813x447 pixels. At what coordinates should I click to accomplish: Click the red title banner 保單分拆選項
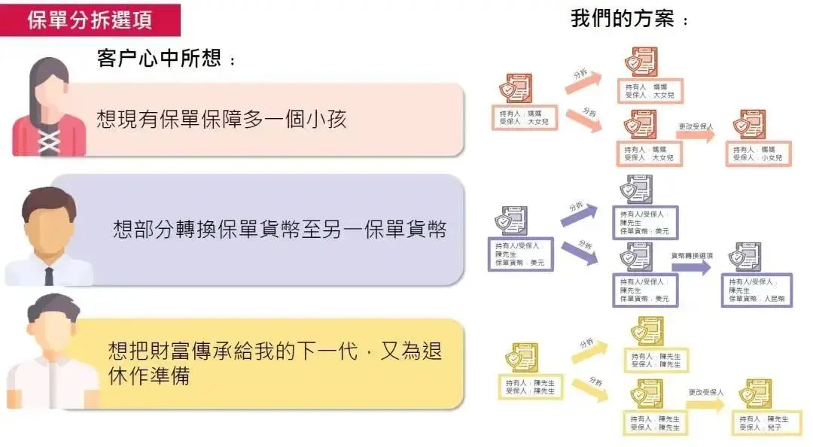pyautogui.click(x=90, y=20)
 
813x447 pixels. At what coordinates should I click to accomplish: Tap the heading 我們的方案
pyautogui.click(x=622, y=19)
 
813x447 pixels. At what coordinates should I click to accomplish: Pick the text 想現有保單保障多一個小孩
pyautogui.click(x=221, y=119)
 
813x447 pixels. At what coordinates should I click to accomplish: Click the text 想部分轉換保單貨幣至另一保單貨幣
pyautogui.click(x=279, y=230)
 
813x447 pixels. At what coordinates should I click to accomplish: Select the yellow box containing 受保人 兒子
pyautogui.click(x=766, y=423)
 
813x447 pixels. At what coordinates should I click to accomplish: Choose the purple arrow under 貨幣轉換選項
pyautogui.click(x=690, y=268)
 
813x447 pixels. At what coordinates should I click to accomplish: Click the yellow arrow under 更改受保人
pyautogui.click(x=705, y=404)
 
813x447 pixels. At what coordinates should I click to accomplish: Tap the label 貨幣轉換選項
pyautogui.click(x=692, y=255)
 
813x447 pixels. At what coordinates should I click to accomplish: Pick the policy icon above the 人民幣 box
pyautogui.click(x=748, y=257)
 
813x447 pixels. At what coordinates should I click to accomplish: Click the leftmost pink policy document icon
pyautogui.click(x=518, y=88)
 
